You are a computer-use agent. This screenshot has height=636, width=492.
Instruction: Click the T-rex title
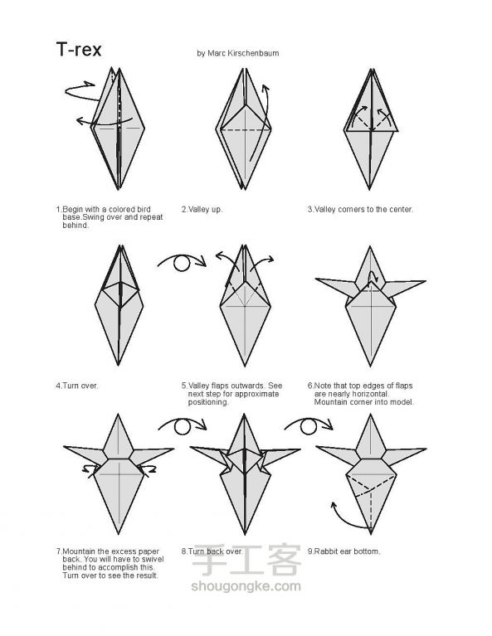79,50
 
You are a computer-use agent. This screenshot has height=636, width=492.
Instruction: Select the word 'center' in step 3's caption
399,209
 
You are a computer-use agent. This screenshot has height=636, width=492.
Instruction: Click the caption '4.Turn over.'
77,386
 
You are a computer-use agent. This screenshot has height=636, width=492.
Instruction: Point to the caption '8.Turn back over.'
212,551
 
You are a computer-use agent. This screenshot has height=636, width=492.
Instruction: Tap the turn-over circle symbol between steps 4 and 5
182,263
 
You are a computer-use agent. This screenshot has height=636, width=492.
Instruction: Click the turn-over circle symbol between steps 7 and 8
183,427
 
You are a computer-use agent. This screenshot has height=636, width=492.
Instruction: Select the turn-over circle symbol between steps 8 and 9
309,427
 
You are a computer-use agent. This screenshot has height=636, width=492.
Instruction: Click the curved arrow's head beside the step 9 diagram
334,505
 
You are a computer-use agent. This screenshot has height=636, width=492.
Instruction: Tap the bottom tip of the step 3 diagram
369,189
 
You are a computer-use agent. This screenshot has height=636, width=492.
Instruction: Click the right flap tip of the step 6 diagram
425,280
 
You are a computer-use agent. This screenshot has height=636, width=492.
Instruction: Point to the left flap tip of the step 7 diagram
65,447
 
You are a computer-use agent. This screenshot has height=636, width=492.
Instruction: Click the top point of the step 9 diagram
370,415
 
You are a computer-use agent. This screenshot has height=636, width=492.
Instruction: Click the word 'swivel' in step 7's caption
153,560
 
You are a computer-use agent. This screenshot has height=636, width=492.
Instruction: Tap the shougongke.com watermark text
246,585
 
